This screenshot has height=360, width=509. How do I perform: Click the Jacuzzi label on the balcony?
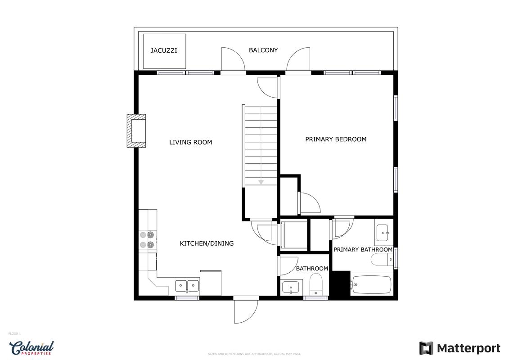[164, 51]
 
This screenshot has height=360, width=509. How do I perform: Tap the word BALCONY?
[263, 50]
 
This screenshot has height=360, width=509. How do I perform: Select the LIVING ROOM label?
[190, 142]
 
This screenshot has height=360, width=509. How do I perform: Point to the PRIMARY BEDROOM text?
[336, 139]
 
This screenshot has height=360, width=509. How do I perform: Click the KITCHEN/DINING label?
[207, 243]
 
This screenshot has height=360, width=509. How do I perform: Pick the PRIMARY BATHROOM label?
[363, 250]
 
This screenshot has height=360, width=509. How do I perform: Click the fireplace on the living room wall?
[136, 131]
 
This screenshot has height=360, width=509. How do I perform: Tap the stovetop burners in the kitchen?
[147, 239]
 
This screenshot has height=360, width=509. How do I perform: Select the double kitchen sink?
[187, 286]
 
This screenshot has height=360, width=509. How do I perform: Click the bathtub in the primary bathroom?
[371, 285]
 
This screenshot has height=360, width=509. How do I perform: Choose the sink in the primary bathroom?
[384, 233]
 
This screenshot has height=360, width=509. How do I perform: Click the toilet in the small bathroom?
[315, 284]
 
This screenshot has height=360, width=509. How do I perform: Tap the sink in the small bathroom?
[291, 287]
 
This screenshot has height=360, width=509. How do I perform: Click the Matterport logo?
[459, 349]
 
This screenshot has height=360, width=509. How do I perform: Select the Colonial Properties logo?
[32, 348]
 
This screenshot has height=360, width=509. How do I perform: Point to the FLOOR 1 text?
[14, 334]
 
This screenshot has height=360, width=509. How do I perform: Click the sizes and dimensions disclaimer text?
[255, 354]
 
